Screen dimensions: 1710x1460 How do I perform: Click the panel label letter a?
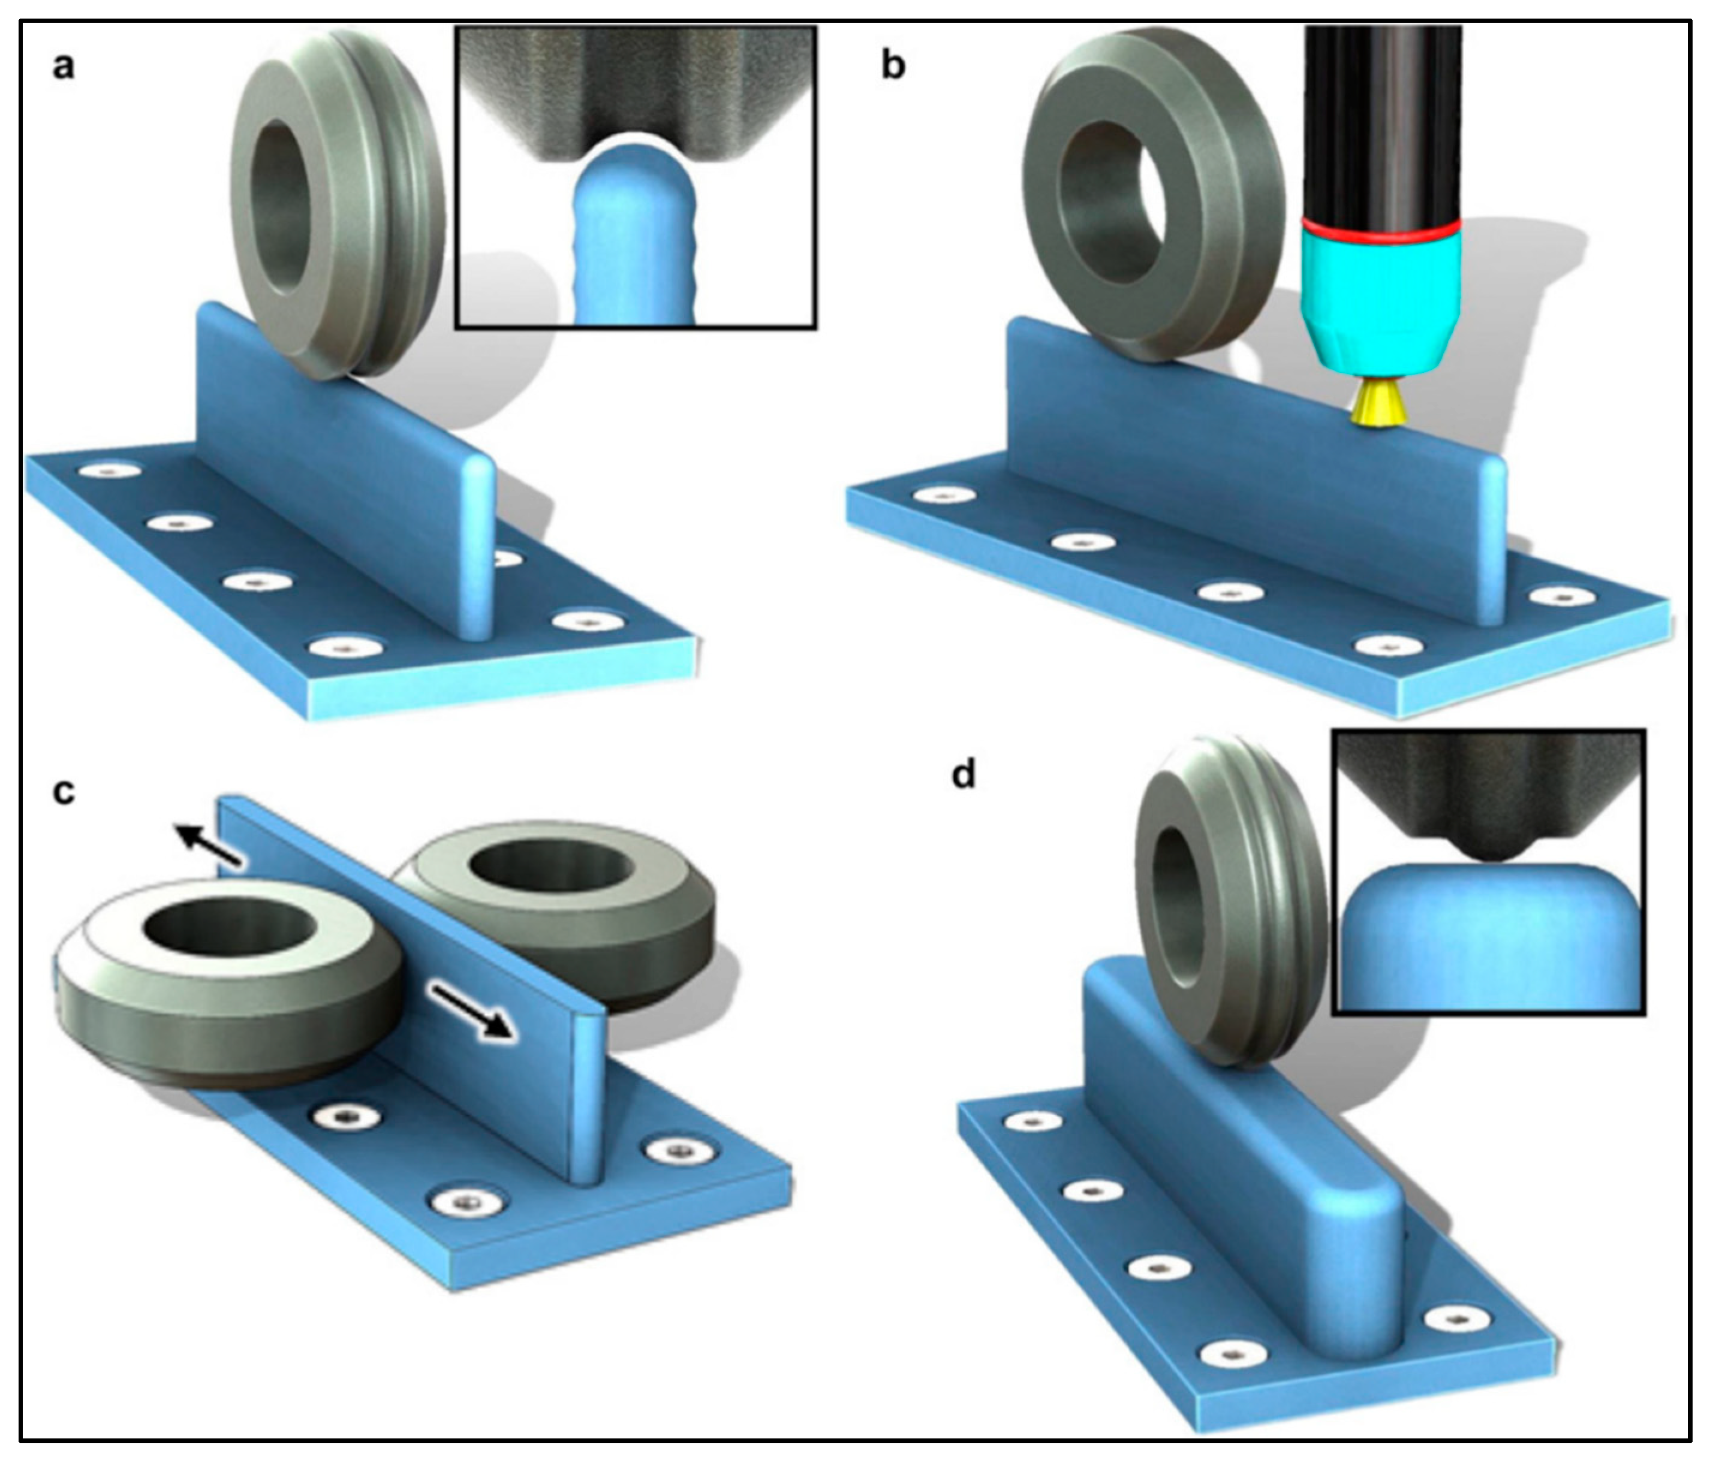point(63,66)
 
